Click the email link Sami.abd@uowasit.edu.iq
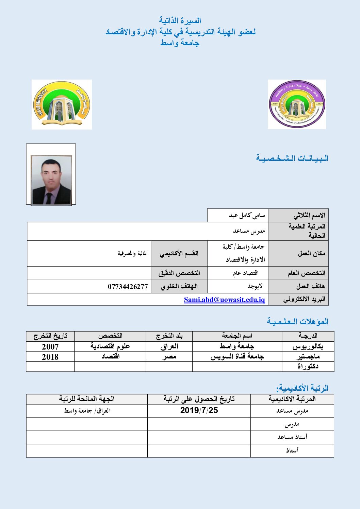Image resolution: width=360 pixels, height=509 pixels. (224, 300)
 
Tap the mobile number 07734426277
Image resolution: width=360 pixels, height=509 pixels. (128, 287)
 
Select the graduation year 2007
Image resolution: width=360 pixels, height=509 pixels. (50, 347)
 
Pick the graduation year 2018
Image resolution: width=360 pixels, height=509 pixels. (50, 357)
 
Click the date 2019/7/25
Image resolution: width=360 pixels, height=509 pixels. (199, 410)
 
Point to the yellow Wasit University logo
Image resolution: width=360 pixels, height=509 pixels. (62, 104)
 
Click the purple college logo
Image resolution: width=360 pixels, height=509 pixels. (297, 104)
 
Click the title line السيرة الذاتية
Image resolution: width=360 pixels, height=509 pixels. (180, 21)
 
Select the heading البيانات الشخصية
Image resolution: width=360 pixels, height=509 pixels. (292, 158)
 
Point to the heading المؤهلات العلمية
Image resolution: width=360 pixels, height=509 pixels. (298, 321)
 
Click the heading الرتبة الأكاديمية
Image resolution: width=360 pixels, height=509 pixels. (302, 388)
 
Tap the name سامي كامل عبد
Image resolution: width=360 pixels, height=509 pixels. (247, 216)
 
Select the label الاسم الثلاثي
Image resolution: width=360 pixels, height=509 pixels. (309, 216)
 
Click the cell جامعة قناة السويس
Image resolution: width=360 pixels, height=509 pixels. (237, 357)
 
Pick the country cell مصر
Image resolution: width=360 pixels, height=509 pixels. (169, 357)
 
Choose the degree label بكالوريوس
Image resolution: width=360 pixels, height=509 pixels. (308, 347)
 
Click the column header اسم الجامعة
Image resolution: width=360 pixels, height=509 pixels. (237, 336)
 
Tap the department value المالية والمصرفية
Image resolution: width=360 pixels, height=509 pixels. (133, 253)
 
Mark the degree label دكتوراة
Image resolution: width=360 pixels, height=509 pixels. (308, 367)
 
